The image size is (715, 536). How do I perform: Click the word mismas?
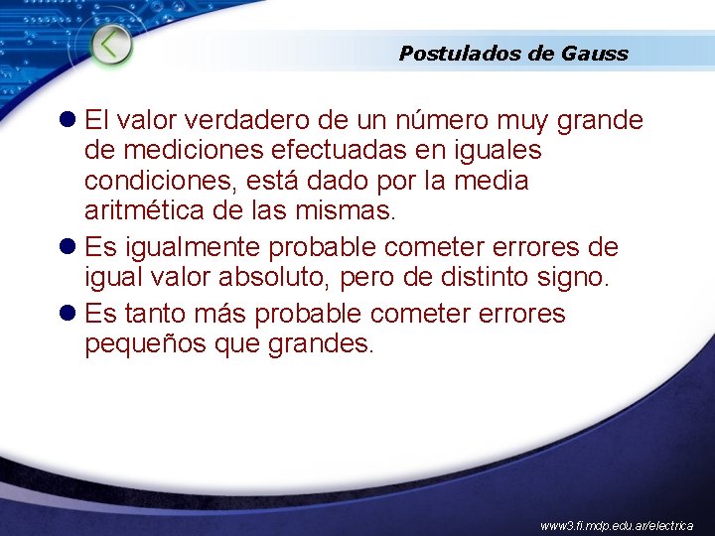349,211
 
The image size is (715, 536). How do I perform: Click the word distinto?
472,277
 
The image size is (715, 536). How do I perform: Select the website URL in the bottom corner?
617,524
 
